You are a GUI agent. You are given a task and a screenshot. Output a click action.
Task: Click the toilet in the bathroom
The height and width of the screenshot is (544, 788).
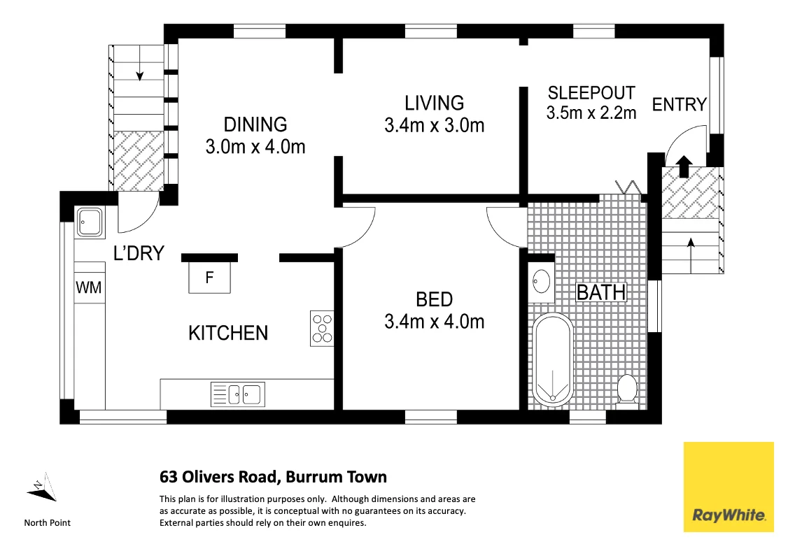[626, 388]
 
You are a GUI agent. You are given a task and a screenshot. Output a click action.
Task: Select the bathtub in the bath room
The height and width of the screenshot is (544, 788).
[553, 359]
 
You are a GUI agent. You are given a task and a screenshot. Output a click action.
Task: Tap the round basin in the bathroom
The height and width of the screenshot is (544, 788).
[541, 281]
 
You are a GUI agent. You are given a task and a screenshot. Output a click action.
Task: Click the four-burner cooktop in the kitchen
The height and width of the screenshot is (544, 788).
[322, 329]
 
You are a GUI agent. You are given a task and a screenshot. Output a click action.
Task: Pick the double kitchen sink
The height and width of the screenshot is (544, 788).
[238, 394]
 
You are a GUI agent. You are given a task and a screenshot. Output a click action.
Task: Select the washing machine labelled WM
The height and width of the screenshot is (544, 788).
[89, 287]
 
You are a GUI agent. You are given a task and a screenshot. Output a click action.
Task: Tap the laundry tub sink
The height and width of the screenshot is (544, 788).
[90, 222]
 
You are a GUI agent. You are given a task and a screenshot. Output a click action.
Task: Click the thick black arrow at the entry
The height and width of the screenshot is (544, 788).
[684, 166]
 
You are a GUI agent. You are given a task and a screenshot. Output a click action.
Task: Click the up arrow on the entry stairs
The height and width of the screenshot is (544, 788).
[691, 255]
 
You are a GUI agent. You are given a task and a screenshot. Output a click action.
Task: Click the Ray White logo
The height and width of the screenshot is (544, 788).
[729, 486]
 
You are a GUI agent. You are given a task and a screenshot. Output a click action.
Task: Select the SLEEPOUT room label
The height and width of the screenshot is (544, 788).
[591, 93]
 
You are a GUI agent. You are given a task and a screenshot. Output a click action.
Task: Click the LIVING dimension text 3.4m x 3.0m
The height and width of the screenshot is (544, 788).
[434, 125]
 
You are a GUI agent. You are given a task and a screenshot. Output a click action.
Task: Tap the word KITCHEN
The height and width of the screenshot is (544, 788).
[228, 333]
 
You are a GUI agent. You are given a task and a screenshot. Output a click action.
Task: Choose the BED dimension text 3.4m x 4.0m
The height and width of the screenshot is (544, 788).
[434, 322]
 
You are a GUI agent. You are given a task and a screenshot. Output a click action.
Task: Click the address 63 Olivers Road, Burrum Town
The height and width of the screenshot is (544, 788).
[274, 477]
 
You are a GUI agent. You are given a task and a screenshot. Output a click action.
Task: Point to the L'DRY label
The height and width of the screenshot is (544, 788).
[139, 253]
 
